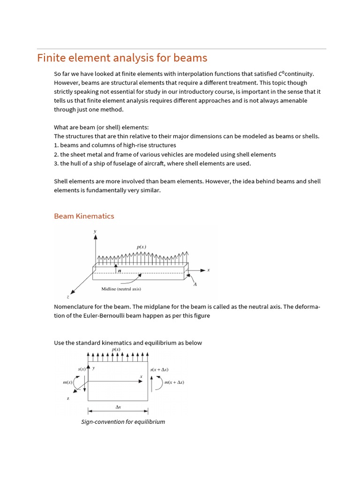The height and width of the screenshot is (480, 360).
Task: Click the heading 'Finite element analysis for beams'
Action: pos(122,58)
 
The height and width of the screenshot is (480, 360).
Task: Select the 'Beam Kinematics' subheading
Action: pos(84,216)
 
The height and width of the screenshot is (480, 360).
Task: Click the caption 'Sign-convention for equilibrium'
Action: pos(123,421)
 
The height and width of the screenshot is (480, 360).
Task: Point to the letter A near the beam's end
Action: pos(195,284)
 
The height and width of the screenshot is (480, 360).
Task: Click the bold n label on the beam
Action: pos(119,270)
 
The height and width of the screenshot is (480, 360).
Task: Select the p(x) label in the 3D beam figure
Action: pos(141,247)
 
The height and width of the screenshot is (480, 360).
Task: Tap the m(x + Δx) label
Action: pos(174,382)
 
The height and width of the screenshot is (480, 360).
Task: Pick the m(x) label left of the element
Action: pos(68,382)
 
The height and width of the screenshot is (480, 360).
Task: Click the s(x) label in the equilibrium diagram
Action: pos(82,369)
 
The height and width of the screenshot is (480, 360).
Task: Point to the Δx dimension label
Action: pos(118,407)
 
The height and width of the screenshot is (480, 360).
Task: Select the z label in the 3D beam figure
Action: pos(68,297)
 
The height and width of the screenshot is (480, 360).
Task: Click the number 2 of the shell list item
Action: pos(56,154)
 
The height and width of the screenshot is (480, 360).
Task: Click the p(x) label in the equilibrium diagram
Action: pos(116,349)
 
